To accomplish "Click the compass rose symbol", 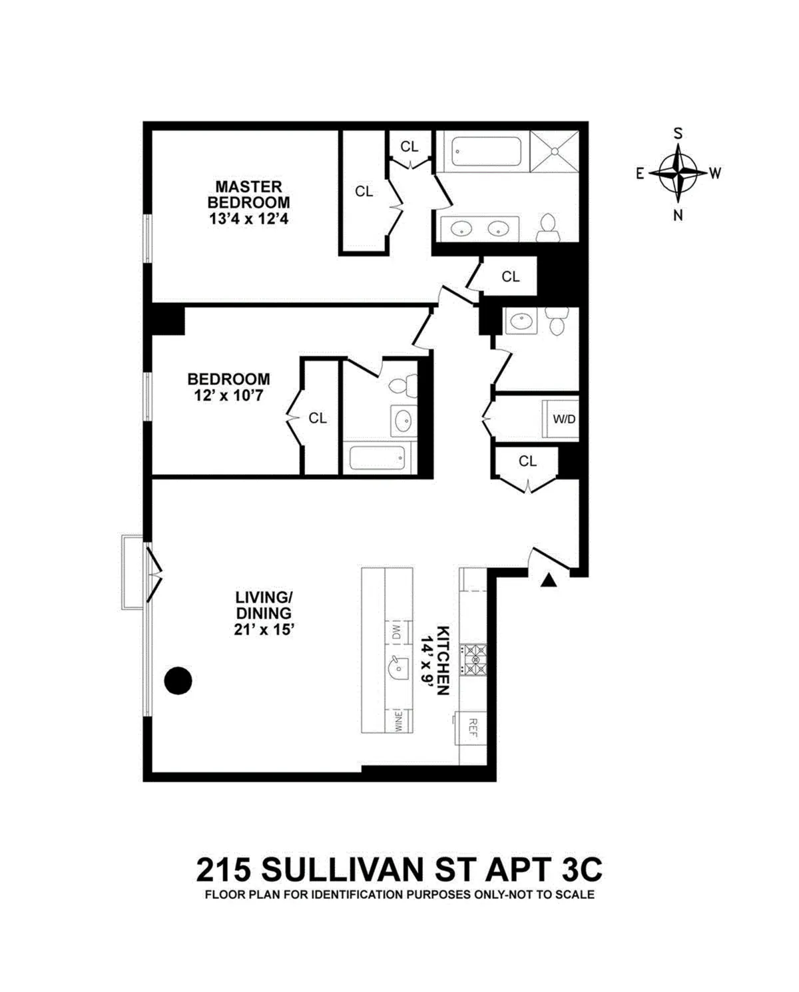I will click(x=678, y=173).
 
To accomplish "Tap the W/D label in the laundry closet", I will click(x=563, y=420).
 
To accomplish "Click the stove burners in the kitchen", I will click(x=476, y=659).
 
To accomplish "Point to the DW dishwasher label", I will click(x=397, y=631).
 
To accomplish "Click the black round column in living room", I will click(x=178, y=680).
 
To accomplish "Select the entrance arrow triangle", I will click(x=548, y=581).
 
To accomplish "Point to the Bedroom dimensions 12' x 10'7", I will click(x=228, y=395).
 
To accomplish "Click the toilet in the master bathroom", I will click(x=548, y=226).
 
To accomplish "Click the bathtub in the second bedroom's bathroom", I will click(x=378, y=457).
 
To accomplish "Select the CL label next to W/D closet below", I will click(x=527, y=461).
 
